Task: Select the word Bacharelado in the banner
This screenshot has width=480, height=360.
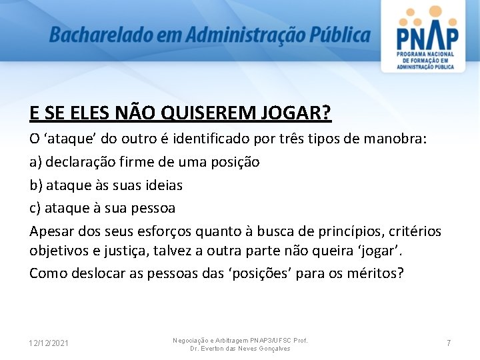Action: tap(97, 35)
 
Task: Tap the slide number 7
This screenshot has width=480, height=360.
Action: tap(449, 343)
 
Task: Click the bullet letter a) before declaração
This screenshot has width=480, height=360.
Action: tap(35, 162)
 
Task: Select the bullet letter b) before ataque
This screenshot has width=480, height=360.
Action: tap(36, 185)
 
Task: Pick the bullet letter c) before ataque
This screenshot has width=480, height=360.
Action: tap(35, 209)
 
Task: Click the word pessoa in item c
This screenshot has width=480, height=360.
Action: tap(155, 209)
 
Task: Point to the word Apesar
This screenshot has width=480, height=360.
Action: tap(51, 231)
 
